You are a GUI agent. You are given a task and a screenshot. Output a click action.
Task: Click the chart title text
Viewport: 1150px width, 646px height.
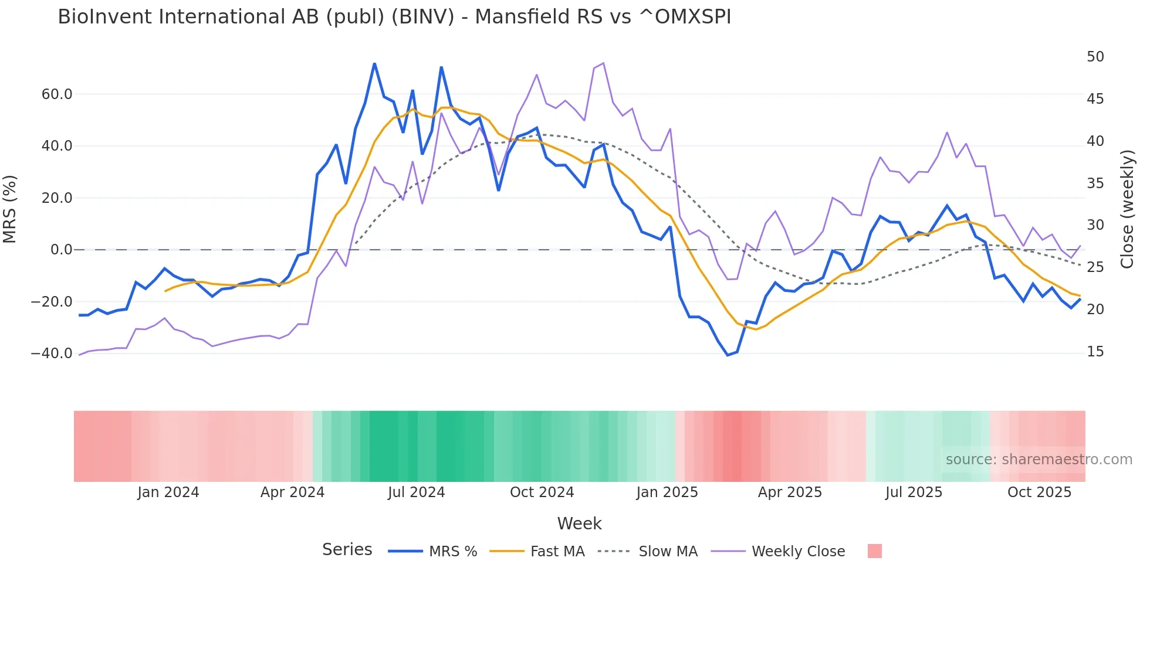(394, 17)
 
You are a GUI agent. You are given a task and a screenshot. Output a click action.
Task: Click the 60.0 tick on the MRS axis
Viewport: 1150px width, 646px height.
(57, 94)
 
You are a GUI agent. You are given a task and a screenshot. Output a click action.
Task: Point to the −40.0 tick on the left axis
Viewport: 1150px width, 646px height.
(52, 353)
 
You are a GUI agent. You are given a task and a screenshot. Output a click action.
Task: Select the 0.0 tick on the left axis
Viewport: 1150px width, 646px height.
(62, 250)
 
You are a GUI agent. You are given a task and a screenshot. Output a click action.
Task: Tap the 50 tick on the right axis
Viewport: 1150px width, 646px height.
(1095, 57)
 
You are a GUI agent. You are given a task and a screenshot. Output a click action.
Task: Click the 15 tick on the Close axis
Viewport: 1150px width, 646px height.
(1095, 352)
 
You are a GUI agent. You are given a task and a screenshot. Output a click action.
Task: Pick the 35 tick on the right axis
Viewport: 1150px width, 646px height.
(1095, 183)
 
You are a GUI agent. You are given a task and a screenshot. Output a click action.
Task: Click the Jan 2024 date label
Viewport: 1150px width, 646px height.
(168, 492)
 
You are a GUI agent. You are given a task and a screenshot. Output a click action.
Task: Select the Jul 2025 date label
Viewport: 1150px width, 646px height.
(914, 492)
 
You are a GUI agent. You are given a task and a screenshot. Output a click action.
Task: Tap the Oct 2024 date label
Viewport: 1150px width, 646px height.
(542, 492)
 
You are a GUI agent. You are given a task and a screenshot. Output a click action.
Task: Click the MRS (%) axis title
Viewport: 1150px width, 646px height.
(10, 209)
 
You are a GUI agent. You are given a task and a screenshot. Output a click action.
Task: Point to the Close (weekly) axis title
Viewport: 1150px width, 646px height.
(1127, 209)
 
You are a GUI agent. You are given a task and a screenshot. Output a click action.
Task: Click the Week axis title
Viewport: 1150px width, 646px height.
(579, 523)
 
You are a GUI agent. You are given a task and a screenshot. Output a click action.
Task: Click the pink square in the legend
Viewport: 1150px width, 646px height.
(874, 551)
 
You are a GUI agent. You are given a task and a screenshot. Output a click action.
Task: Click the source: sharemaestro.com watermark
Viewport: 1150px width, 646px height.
(1039, 460)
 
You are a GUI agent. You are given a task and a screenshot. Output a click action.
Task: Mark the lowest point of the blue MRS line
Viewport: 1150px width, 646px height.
(728, 355)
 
